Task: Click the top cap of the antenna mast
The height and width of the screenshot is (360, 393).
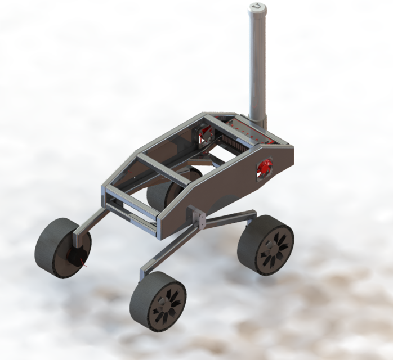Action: [257, 7]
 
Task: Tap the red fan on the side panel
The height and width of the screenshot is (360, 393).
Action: [264, 166]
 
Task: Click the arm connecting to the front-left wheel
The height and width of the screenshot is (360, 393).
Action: [90, 223]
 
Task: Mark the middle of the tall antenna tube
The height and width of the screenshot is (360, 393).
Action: [257, 62]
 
